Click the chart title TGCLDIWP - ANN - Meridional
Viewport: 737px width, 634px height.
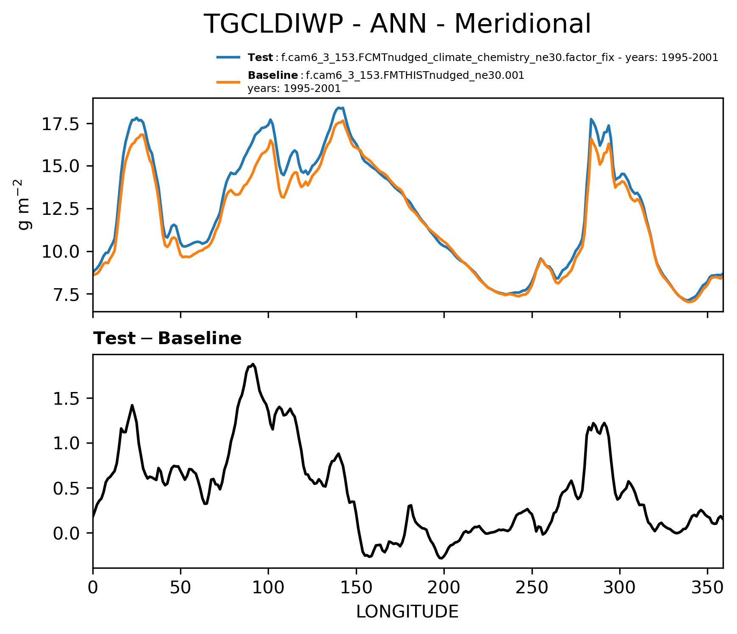tap(397, 24)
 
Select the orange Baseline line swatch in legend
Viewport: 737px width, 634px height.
tap(229, 82)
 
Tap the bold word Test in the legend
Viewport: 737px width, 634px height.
tap(260, 58)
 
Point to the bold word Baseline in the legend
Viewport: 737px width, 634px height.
tap(273, 75)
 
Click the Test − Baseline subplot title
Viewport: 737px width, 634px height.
tap(167, 339)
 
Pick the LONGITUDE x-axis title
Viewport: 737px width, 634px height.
tap(407, 612)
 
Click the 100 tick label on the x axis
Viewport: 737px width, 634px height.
tap(268, 588)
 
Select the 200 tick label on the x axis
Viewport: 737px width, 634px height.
tap(444, 588)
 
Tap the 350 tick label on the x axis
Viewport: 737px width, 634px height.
tap(707, 588)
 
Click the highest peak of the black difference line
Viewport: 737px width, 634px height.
tap(253, 364)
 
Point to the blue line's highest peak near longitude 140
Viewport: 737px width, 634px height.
tap(338, 108)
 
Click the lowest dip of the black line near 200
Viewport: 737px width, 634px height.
tap(441, 558)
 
